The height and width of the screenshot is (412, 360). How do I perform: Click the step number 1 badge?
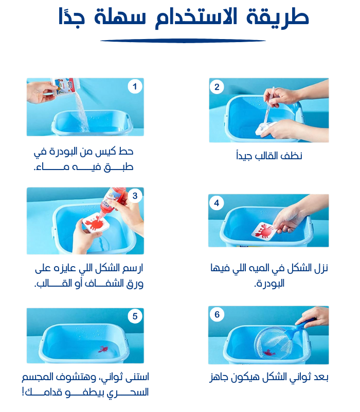tap(135, 86)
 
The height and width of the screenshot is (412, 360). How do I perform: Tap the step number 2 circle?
tap(217, 87)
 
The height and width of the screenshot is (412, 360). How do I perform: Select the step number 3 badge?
tap(135, 196)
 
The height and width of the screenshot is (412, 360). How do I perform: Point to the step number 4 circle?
tap(217, 203)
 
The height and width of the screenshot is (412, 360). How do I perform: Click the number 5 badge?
tap(135, 316)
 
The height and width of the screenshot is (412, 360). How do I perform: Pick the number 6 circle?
tap(217, 314)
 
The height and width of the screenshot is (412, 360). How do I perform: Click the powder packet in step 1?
tap(65, 86)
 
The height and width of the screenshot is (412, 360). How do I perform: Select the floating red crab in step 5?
tap(103, 349)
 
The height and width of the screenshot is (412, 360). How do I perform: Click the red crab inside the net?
tap(269, 353)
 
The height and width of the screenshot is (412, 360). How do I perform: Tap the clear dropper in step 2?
tap(269, 105)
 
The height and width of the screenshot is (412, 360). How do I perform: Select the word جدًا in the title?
tap(71, 17)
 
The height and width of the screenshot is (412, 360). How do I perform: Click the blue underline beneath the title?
tap(183, 41)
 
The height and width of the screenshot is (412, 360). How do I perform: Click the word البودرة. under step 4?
tap(269, 284)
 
